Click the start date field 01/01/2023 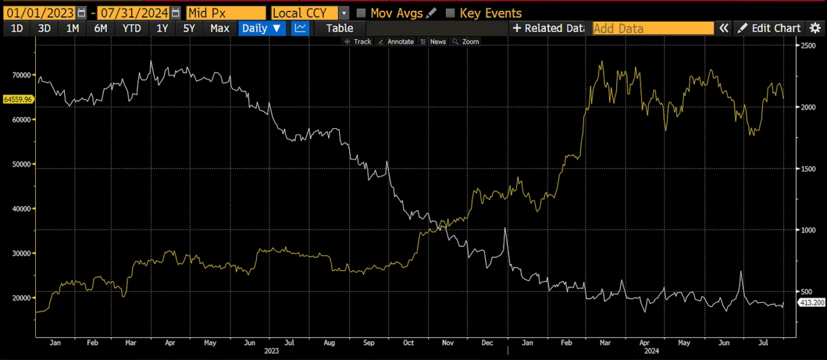pyautogui.click(x=39, y=13)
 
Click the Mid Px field pyautogui.click(x=226, y=13)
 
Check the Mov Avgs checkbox pyautogui.click(x=361, y=13)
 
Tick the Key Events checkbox pyautogui.click(x=451, y=13)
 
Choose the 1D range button pyautogui.click(x=17, y=28)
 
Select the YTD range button pyautogui.click(x=132, y=28)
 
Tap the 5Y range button pyautogui.click(x=189, y=28)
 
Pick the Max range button pyautogui.click(x=220, y=28)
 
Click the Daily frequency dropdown pyautogui.click(x=262, y=28)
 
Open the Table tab pyautogui.click(x=339, y=28)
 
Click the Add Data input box pyautogui.click(x=653, y=28)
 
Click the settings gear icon pyautogui.click(x=815, y=28)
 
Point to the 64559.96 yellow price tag pyautogui.click(x=18, y=99)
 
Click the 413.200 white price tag pyautogui.click(x=811, y=303)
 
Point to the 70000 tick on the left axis pyautogui.click(x=22, y=75)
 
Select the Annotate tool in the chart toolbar pyautogui.click(x=396, y=42)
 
